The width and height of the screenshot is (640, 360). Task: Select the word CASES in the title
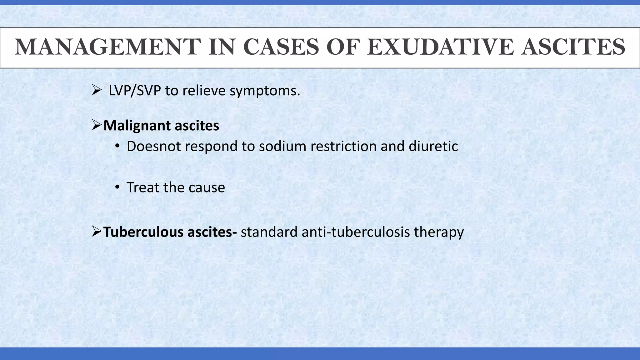(281, 47)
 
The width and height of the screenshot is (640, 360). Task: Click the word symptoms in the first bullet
(265, 91)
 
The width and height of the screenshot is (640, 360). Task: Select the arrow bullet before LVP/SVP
(97, 91)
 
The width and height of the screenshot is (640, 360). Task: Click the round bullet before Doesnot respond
(117, 146)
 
